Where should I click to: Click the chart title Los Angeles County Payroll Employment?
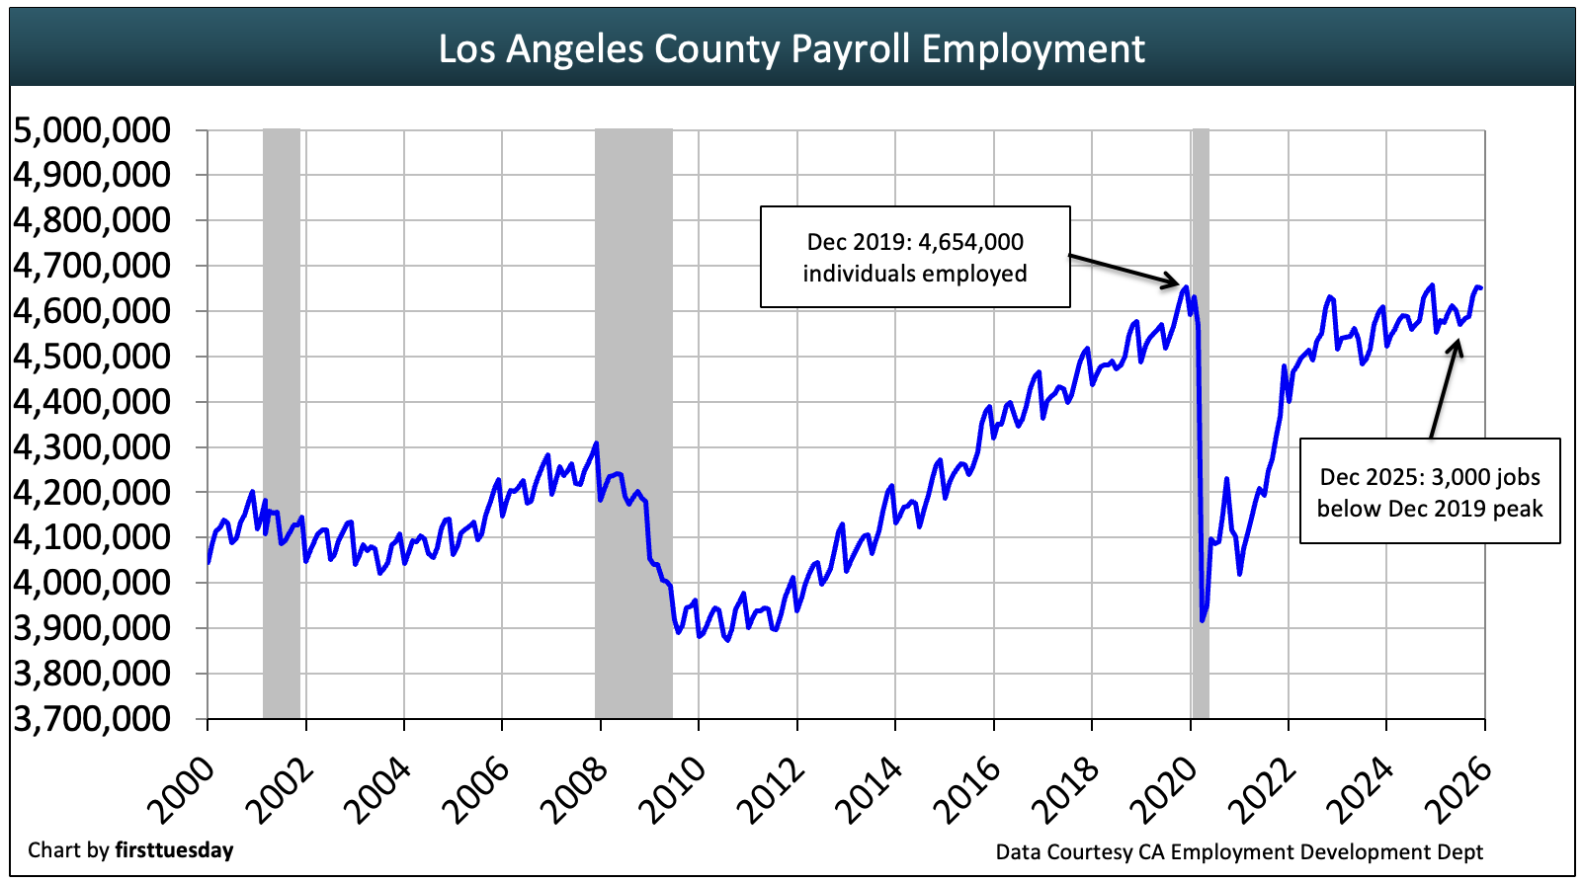tap(791, 48)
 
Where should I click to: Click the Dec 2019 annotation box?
tap(914, 257)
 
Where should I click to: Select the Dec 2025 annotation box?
tap(1429, 492)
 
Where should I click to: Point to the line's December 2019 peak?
tap(1185, 286)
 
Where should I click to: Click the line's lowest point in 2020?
tap(1203, 620)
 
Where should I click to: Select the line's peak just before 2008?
tap(596, 442)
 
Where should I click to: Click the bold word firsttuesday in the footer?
tap(174, 850)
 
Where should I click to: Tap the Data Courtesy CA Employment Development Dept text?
tap(1239, 851)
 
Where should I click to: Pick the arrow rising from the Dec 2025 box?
tap(1444, 389)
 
